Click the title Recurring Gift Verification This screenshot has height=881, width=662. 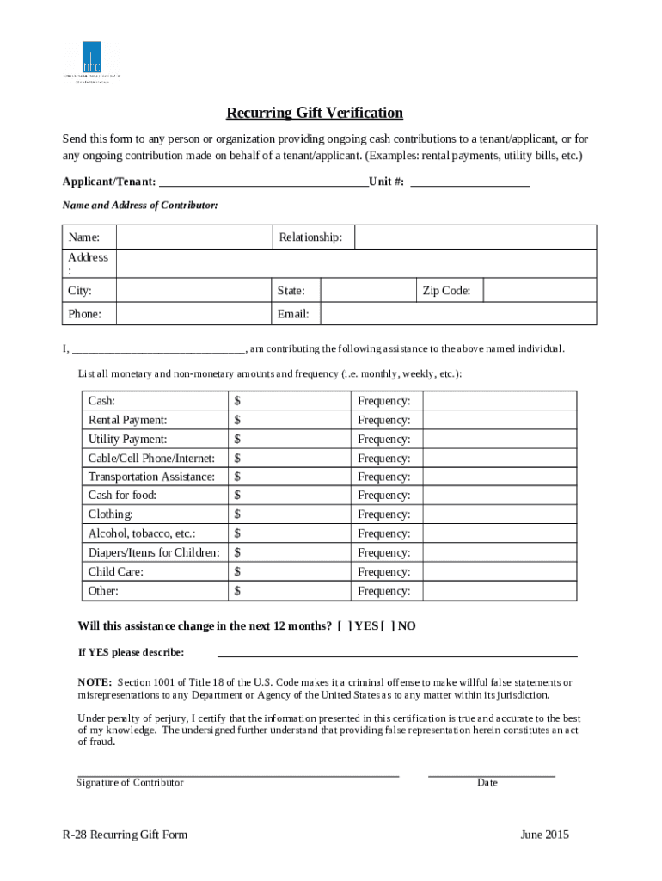point(314,114)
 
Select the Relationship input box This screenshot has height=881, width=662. point(475,237)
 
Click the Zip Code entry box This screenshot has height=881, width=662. point(539,291)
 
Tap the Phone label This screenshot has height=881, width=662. point(85,314)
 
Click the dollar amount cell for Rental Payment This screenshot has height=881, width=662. point(290,420)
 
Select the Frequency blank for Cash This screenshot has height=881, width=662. point(501,401)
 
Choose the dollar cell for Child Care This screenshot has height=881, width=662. point(290,571)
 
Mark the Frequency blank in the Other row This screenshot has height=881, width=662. point(501,591)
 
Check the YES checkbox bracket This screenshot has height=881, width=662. point(344,626)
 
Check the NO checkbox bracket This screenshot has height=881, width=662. point(387,626)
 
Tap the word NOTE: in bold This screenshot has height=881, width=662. point(95,682)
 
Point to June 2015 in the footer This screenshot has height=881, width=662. point(544,835)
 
